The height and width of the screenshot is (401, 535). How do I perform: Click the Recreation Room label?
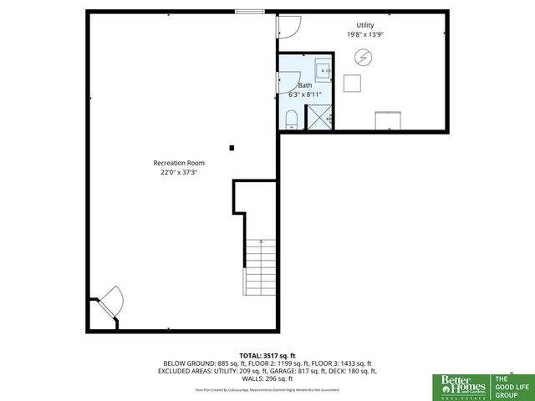178,163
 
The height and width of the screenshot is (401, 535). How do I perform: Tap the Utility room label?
364,26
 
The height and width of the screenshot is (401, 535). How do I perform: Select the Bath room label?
305,85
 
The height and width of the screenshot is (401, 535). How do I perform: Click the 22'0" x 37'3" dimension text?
178,173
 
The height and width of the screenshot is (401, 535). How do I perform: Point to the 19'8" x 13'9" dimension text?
364,35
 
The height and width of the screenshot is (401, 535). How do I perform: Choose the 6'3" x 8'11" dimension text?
305,94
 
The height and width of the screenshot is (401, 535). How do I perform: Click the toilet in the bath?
291,121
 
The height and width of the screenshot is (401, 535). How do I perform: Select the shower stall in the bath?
321,119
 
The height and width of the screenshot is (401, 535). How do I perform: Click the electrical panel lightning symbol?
364,57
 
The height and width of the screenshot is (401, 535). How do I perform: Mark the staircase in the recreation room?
259,267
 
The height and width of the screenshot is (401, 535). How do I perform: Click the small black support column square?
232,149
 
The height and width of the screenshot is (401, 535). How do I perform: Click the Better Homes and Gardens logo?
456,383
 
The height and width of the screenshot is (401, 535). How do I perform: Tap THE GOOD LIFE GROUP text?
505,383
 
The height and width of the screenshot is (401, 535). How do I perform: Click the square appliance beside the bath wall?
352,84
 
